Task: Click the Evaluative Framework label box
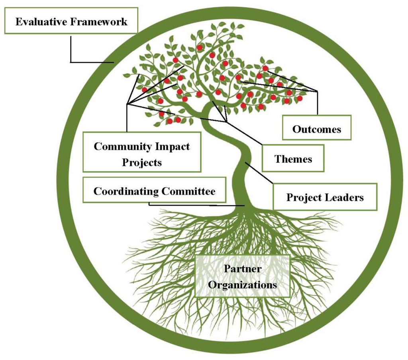[71, 20]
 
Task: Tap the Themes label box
[293, 158]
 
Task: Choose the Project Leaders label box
[325, 197]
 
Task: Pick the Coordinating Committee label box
[154, 191]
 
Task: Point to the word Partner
[243, 269]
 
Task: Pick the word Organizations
[243, 285]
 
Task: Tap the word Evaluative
[41, 21]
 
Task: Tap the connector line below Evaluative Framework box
[71, 48]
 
